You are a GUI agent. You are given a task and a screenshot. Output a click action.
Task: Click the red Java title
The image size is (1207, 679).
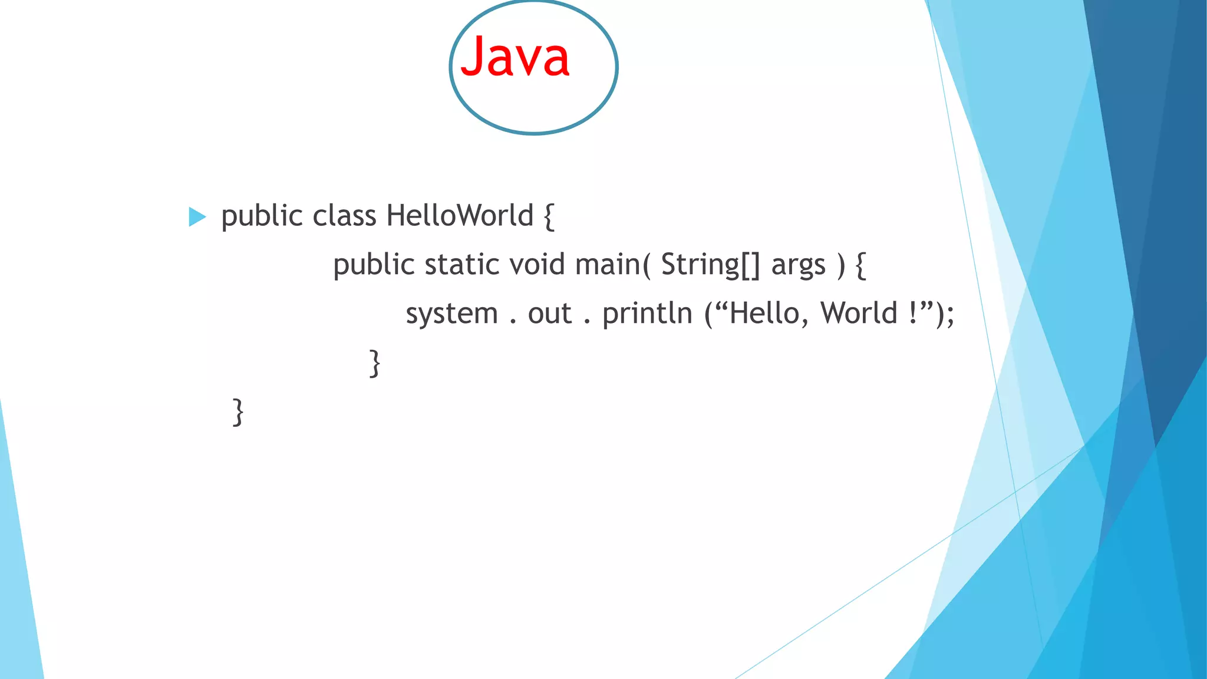pos(515,57)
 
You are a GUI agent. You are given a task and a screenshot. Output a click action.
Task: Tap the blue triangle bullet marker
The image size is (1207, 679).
pos(197,217)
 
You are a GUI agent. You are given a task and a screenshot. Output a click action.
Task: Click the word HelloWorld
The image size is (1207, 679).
pos(460,216)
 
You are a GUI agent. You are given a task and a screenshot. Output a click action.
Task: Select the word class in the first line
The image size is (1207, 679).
pos(344,216)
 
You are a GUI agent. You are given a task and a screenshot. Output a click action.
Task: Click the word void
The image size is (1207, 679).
pos(537,265)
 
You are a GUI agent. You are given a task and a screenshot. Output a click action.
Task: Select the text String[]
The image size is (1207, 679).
pos(710,265)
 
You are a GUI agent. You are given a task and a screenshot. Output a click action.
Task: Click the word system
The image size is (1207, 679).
pos(451,314)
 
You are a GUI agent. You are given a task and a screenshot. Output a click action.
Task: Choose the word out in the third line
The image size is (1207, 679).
pos(549,314)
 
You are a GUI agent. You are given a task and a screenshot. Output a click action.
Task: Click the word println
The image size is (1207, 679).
pos(647,314)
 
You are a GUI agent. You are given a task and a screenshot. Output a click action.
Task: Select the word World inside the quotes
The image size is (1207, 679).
pos(859,314)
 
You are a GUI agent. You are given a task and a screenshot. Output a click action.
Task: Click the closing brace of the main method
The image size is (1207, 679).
pos(374,363)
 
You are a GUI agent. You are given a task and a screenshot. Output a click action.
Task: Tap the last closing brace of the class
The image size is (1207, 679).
pos(238,412)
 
